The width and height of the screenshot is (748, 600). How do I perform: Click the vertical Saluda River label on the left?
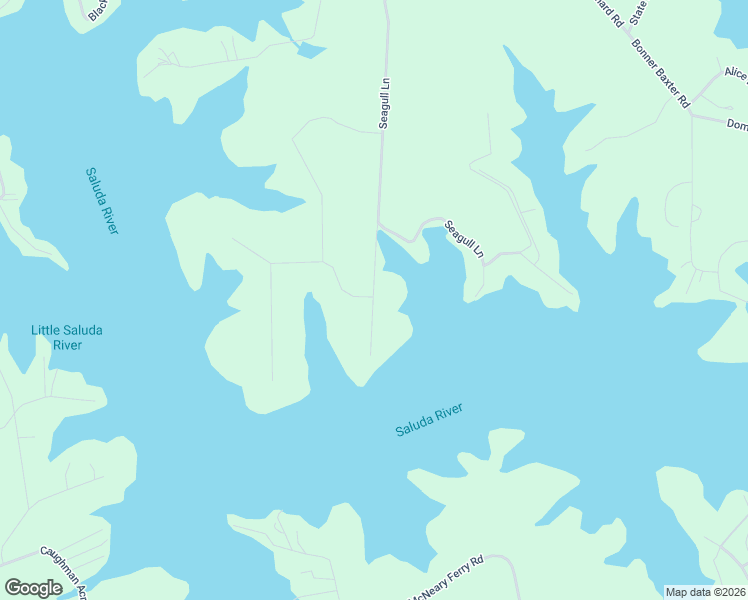[x=102, y=200]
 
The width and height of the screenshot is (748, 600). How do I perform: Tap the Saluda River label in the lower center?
[x=430, y=420]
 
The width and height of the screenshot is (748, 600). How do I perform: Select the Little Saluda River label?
[x=67, y=338]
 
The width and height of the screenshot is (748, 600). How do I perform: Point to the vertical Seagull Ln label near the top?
[x=383, y=103]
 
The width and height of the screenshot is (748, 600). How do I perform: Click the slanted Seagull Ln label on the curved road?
[x=465, y=240]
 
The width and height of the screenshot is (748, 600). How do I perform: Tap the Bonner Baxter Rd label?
[x=660, y=73]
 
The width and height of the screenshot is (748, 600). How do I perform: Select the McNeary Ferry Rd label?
[x=446, y=579]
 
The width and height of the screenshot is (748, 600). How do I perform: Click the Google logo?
[x=33, y=588]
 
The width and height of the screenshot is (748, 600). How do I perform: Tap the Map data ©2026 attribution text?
[x=705, y=592]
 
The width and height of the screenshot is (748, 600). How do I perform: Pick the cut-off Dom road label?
[x=737, y=125]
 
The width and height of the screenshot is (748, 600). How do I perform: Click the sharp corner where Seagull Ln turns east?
[x=378, y=225]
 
